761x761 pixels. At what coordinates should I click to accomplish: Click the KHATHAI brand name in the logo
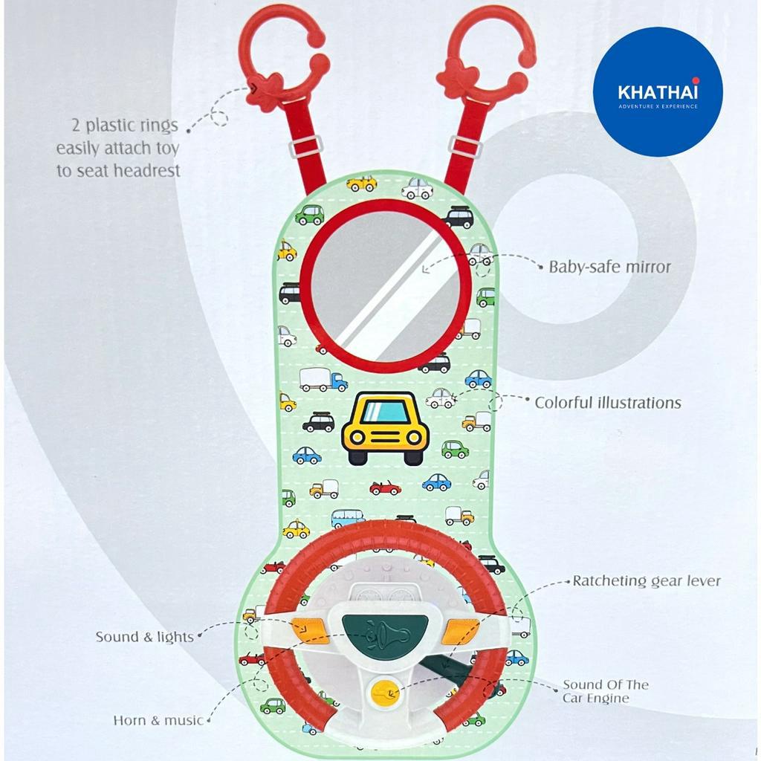click(x=658, y=91)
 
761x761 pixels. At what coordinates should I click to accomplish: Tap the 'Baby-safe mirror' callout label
click(x=609, y=267)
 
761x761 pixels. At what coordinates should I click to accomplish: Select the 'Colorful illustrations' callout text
click(x=608, y=402)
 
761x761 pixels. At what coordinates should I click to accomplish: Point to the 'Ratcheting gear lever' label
click(x=647, y=581)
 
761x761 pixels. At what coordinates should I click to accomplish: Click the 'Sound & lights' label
click(x=144, y=637)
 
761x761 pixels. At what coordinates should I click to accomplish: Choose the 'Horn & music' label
click(x=158, y=720)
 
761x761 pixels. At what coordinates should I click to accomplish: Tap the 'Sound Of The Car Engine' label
click(x=605, y=692)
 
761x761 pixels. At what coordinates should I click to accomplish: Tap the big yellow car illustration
click(x=386, y=428)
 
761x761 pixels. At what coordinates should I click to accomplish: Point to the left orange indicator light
click(x=310, y=630)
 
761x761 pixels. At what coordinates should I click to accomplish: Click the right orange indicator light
click(x=461, y=631)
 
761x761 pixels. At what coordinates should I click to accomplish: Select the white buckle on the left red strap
click(x=305, y=146)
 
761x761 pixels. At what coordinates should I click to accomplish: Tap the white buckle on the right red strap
click(x=465, y=146)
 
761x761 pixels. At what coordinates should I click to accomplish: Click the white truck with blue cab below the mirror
click(x=323, y=379)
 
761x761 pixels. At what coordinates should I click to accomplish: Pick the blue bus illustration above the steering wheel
click(x=348, y=518)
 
